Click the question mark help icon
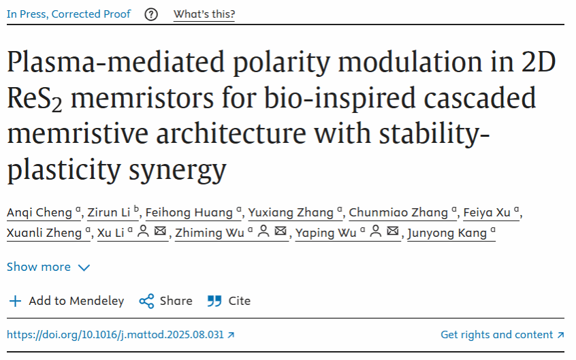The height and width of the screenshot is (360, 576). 151,14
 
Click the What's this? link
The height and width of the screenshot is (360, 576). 204,14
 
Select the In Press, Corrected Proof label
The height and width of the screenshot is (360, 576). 68,14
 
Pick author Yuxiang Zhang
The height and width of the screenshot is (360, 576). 291,213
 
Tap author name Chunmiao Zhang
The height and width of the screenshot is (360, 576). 398,213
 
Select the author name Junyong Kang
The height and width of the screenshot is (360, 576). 447,233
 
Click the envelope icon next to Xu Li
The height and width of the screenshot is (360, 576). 161,232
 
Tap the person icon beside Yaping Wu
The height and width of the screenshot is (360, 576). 375,232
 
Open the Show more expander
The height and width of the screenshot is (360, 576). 48,267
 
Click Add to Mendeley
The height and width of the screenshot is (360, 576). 66,301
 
